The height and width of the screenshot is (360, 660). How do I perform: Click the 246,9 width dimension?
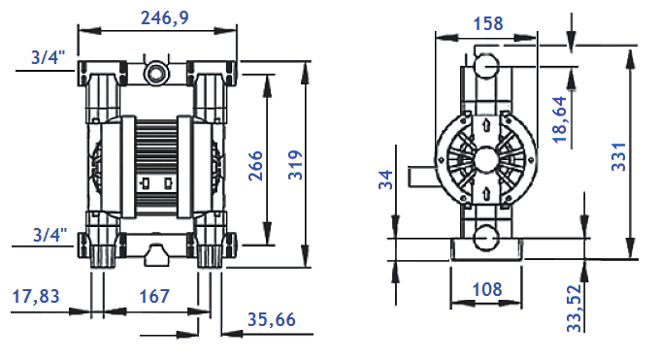point(163,16)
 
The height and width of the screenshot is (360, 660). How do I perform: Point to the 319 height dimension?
point(297,166)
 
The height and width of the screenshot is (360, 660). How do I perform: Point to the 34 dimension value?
point(385,180)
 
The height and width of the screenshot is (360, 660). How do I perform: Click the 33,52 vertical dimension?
point(575,308)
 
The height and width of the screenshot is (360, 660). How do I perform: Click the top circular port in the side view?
point(484,66)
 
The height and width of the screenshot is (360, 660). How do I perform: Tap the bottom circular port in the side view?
point(484,233)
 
